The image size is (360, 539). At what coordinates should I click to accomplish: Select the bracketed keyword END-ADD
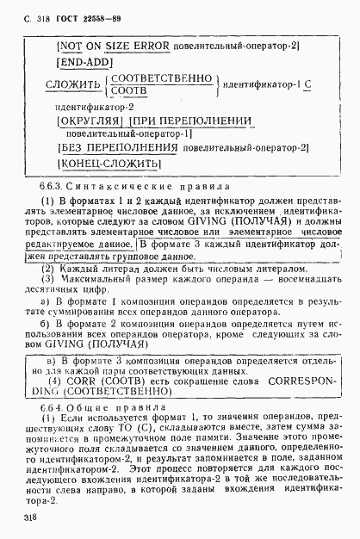(84, 62)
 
